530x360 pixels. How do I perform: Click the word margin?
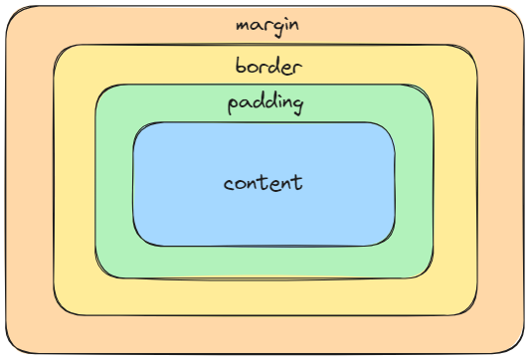coord(266,24)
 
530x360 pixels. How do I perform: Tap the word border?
coord(268,67)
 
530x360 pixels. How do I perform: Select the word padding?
coord(265,103)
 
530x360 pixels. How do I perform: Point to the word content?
coord(263,184)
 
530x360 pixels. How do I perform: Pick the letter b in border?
coord(241,66)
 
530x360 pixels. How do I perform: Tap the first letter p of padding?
coord(233,105)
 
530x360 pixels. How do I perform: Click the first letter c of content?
coord(229,185)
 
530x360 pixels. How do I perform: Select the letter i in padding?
coord(278,101)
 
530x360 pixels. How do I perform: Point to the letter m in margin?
coord(242,25)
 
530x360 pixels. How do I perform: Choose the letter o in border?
coord(253,69)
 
